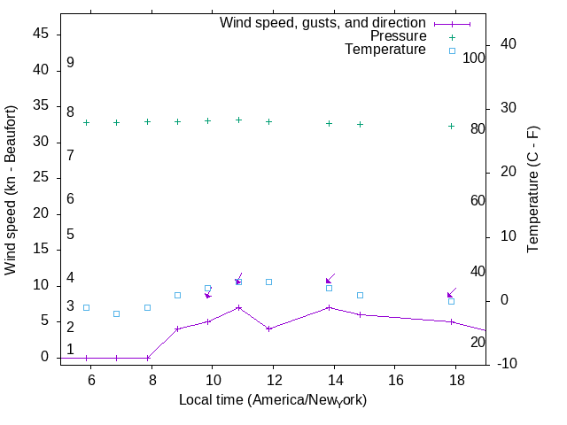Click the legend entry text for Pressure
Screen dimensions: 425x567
tap(398, 36)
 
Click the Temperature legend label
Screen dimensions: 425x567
tap(385, 50)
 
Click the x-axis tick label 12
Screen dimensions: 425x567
tap(274, 379)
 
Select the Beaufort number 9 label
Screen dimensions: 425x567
tap(70, 63)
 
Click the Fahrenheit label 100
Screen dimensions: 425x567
tap(475, 58)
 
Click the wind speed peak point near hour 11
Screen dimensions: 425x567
tap(238, 307)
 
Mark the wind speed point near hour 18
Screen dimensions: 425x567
tap(451, 321)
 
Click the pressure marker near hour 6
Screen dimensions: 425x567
tap(86, 122)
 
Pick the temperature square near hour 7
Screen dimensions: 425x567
tap(116, 313)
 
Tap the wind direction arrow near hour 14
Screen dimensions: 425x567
tap(330, 279)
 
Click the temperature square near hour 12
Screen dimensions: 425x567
tap(268, 282)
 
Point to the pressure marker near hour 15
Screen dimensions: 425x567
tap(360, 124)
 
